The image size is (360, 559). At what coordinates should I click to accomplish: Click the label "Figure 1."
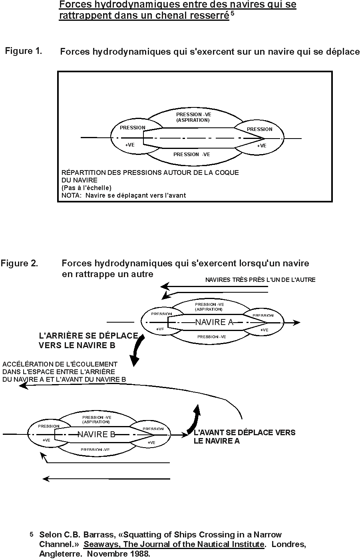(x=23, y=51)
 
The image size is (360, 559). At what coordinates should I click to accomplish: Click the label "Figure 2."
(x=19, y=264)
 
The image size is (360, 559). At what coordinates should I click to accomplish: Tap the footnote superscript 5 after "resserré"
(x=232, y=14)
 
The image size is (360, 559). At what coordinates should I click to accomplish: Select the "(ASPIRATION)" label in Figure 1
(x=193, y=120)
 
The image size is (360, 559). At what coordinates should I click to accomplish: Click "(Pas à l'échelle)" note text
(x=86, y=188)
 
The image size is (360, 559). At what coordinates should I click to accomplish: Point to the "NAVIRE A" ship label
(x=214, y=322)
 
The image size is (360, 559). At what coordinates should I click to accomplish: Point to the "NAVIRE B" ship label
(x=96, y=434)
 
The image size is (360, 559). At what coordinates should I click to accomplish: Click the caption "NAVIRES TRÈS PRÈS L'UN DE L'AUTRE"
(x=260, y=280)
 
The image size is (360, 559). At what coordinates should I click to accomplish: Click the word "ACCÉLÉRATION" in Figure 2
(x=27, y=364)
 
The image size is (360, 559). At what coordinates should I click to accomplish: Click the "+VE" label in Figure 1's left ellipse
(x=129, y=145)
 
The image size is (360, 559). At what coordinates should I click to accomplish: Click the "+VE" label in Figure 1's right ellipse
(x=261, y=146)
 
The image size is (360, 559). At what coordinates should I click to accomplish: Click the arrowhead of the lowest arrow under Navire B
(x=46, y=478)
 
